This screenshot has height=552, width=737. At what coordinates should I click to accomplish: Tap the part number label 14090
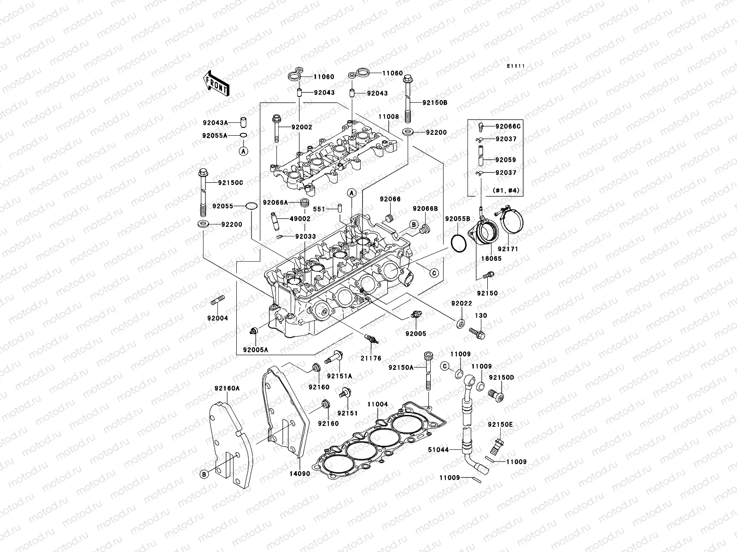point(300,473)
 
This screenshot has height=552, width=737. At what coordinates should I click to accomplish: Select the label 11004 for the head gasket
point(377,404)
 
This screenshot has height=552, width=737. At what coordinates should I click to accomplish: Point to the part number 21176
point(371,358)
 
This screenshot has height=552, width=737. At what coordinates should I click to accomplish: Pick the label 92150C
point(231,183)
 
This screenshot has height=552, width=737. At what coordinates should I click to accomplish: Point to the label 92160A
point(227,388)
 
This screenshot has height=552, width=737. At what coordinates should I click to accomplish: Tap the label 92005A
point(256,350)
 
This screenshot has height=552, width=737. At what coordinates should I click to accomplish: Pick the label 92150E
point(500,425)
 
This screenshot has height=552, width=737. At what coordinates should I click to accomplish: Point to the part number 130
point(481,316)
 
